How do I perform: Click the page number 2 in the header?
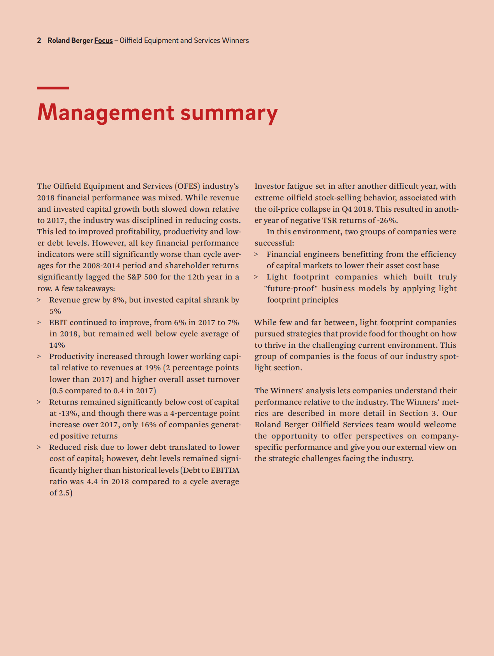39,41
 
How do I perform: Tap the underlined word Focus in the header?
104,41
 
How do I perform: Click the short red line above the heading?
53,88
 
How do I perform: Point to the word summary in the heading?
229,113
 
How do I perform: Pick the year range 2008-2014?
101,266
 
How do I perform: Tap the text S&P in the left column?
135,277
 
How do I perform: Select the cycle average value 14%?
57,345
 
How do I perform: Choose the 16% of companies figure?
148,425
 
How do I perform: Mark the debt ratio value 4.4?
92,482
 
